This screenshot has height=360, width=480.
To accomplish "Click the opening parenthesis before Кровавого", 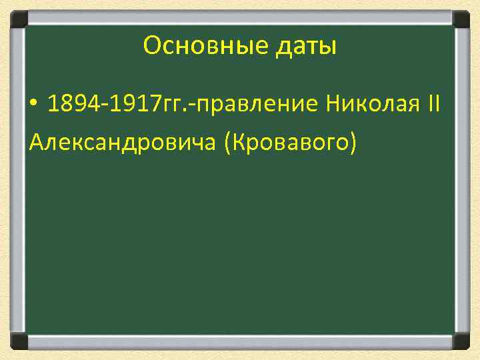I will [229, 141].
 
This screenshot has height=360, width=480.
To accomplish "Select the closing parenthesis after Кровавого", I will [351, 141].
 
